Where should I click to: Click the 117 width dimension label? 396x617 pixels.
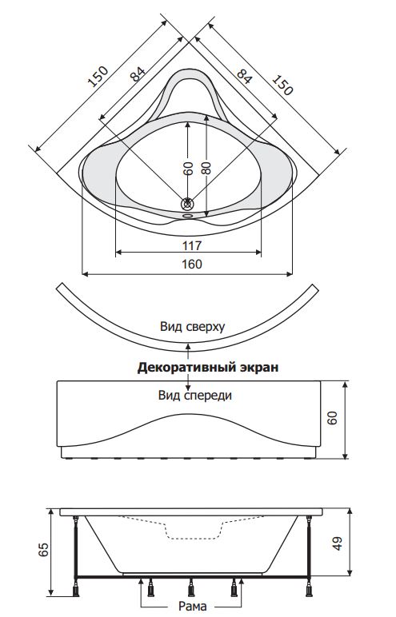(192, 245)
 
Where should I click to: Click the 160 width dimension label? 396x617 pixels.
(192, 264)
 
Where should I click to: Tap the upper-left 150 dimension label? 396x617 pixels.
(98, 77)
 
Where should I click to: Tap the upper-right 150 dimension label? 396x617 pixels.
(282, 85)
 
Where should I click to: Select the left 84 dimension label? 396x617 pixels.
(138, 74)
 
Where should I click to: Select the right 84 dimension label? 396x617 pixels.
(244, 76)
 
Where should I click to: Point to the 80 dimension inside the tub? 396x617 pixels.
(206, 168)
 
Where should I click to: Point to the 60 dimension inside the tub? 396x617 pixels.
(188, 168)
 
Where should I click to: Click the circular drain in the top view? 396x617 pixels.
(187, 204)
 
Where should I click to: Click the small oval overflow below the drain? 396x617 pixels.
(187, 216)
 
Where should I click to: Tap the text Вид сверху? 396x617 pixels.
(192, 327)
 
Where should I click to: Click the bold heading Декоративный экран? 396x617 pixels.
(208, 367)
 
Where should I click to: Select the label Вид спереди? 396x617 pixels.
(195, 395)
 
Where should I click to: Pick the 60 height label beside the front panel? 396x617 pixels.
(333, 417)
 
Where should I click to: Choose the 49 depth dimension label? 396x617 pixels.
(338, 543)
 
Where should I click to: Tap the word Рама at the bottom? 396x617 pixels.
(192, 606)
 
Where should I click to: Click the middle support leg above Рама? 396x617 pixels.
(191, 587)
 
